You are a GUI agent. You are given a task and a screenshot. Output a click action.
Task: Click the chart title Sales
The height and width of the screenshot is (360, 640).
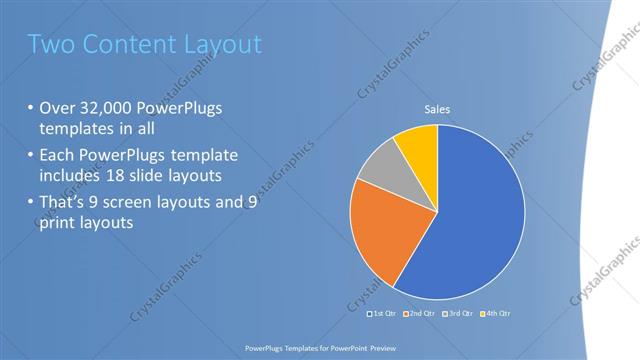click(x=437, y=109)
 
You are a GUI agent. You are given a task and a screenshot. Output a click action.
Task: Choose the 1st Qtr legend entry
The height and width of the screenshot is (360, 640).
click(x=385, y=314)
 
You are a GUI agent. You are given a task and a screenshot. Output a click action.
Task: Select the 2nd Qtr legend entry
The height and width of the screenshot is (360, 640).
click(x=421, y=314)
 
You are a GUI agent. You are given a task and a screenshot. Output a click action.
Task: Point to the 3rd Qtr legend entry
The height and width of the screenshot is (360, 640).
click(x=457, y=314)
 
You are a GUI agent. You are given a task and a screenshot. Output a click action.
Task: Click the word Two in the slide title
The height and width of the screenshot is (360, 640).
click(x=52, y=44)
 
